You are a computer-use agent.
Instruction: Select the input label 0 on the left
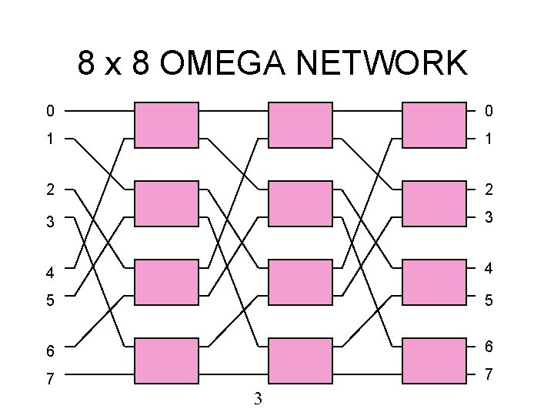(x=50, y=112)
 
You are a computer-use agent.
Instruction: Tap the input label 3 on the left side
(x=50, y=222)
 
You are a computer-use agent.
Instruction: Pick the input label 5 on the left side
(x=50, y=300)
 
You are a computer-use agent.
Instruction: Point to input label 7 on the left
(x=50, y=379)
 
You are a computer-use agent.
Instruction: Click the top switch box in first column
(x=167, y=124)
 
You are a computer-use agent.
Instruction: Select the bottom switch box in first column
(x=167, y=361)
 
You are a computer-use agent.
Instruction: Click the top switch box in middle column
(x=300, y=124)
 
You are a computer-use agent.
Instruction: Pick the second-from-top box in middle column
(x=300, y=203)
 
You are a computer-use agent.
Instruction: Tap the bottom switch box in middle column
(x=300, y=361)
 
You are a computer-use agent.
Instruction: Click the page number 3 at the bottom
(x=259, y=398)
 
